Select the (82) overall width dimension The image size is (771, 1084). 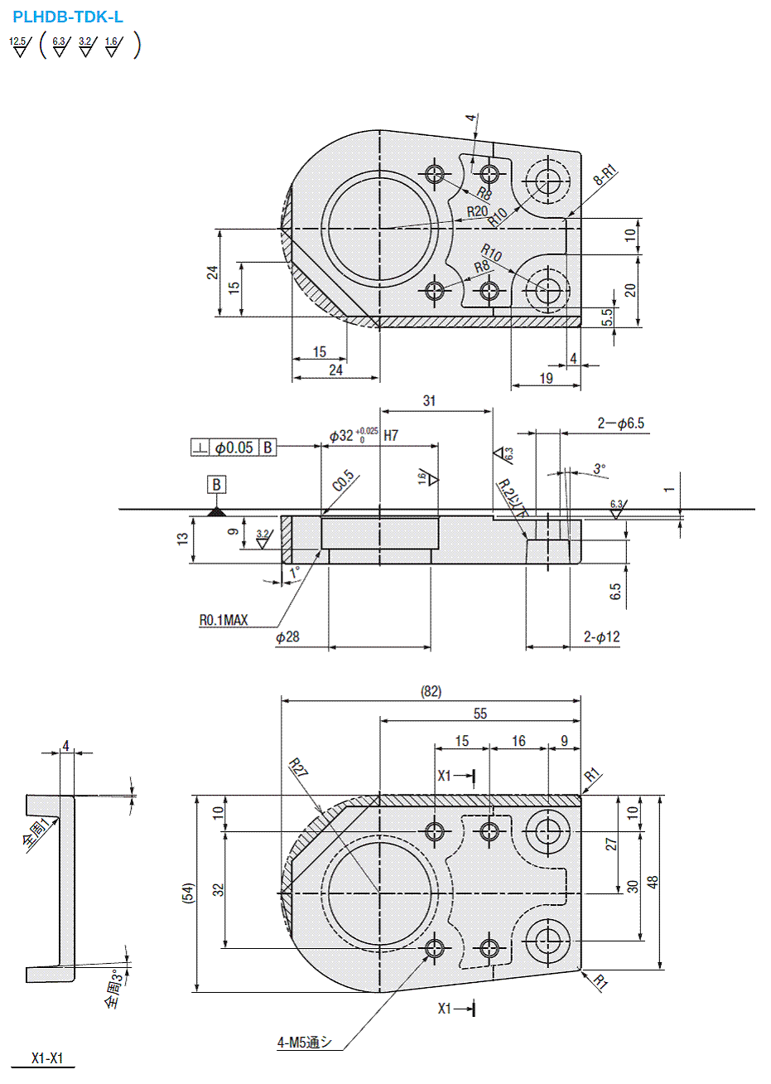(431, 691)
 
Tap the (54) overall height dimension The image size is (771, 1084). (188, 893)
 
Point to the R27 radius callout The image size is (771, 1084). (298, 768)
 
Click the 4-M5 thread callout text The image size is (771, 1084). (305, 1043)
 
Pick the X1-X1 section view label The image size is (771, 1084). (47, 1058)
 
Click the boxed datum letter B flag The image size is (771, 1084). (217, 485)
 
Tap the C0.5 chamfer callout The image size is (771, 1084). (343, 482)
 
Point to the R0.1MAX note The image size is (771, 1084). (223, 620)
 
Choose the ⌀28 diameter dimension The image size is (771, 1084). (287, 636)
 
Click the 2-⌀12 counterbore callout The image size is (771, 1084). (601, 636)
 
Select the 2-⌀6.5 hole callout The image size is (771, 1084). (620, 423)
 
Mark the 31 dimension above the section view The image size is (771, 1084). (429, 401)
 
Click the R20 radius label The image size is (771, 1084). (477, 211)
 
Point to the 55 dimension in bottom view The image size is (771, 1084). (480, 714)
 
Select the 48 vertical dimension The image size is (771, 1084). (653, 882)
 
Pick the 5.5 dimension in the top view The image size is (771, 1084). (607, 317)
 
